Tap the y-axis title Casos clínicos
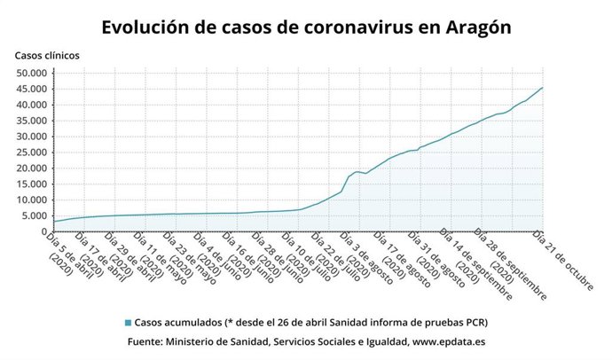[46, 55]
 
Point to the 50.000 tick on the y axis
[32, 74]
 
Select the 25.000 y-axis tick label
[32, 153]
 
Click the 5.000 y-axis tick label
[35, 215]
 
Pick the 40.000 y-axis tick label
[32, 106]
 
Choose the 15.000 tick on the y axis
[32, 184]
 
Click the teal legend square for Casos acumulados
[128, 322]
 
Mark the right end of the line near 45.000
[543, 88]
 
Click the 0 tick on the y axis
[47, 231]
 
